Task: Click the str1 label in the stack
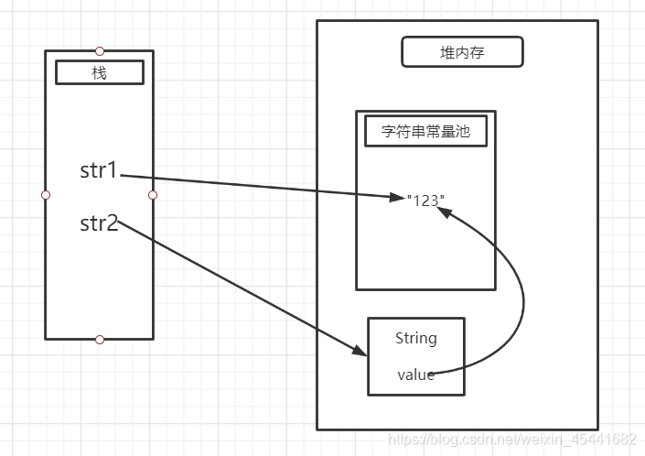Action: click(99, 170)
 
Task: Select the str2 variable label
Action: click(99, 223)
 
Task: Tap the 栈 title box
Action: click(100, 72)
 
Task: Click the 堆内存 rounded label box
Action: click(462, 52)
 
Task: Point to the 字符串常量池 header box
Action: click(425, 131)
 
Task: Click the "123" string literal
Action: click(425, 201)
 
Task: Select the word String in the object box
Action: click(416, 338)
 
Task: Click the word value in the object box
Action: click(416, 375)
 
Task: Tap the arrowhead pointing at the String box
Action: click(360, 350)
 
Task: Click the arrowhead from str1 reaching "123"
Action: click(397, 197)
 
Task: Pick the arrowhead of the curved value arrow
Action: click(445, 212)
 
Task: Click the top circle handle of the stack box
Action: click(100, 51)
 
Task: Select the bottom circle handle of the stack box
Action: click(100, 340)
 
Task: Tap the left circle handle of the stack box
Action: click(46, 195)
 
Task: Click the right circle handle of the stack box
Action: click(153, 195)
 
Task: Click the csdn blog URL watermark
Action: click(512, 440)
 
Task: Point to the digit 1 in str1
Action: click(111, 170)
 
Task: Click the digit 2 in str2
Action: click(113, 223)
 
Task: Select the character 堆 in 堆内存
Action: click(447, 52)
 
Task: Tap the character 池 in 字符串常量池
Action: click(462, 131)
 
